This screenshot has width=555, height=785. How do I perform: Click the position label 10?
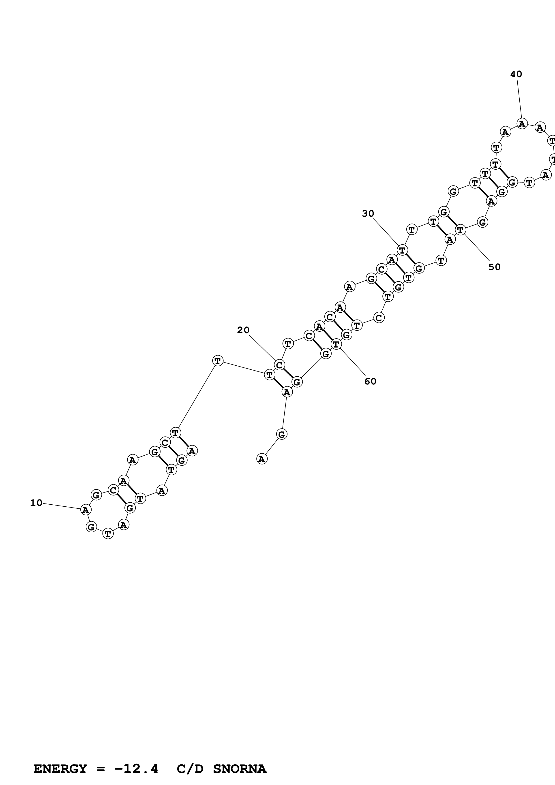pos(36,503)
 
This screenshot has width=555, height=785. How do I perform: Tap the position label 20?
pos(243,330)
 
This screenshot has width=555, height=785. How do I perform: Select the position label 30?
pos(368,214)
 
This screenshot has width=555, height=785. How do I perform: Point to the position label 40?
pos(516,74)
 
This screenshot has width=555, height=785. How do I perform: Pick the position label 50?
pos(494,267)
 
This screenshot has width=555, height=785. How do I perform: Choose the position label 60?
pos(370,381)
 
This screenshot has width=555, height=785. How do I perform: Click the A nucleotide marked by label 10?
pos(86,510)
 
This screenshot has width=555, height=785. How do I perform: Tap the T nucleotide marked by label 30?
pos(402,250)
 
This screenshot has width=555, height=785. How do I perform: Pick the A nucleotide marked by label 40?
pos(522,124)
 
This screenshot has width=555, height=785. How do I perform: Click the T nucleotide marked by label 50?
pos(460,230)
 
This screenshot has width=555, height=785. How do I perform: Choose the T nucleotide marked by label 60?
pos(336,344)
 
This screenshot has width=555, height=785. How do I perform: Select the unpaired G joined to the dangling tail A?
pos(281,434)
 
